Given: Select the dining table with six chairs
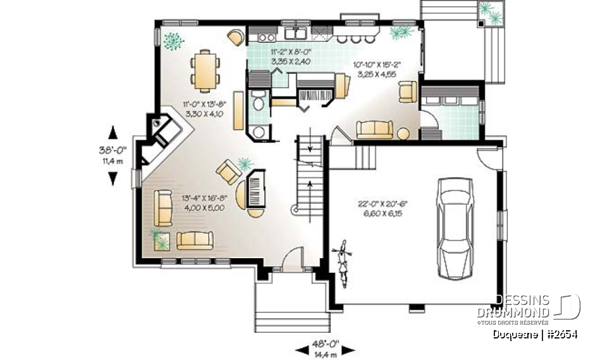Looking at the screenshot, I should (206, 70).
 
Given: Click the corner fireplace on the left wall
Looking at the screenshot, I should (165, 133).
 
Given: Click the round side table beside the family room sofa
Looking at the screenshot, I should (403, 133).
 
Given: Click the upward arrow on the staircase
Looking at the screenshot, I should (310, 185).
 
